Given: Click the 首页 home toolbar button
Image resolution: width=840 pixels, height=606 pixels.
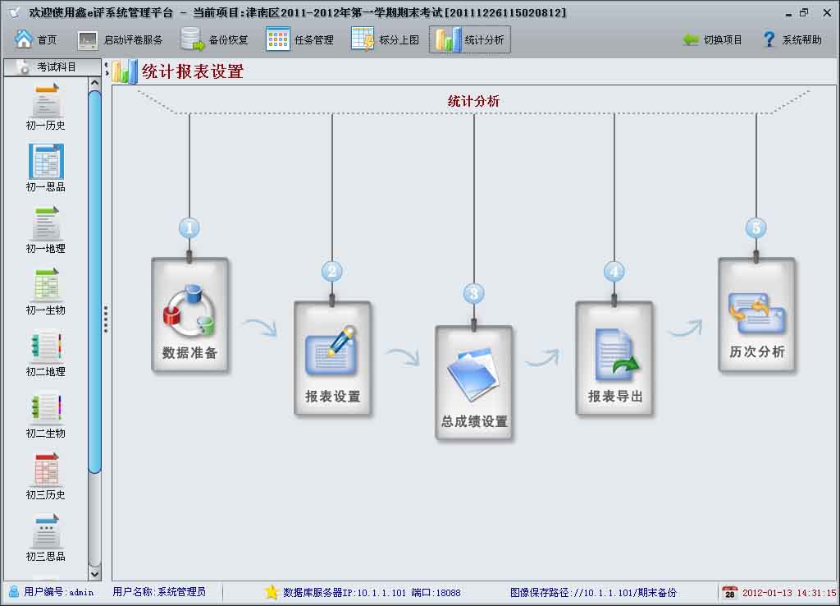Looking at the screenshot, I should (x=36, y=39).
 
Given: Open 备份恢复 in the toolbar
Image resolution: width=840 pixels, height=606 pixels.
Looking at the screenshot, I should (x=214, y=39).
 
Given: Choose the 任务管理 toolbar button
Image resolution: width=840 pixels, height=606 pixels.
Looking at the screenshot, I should (x=300, y=39).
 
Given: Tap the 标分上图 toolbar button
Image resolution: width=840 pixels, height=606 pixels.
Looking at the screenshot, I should (x=386, y=39).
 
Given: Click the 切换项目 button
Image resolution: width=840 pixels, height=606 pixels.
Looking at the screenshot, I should (x=712, y=39).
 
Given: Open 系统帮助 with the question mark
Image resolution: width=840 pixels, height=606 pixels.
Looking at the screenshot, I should (x=792, y=39).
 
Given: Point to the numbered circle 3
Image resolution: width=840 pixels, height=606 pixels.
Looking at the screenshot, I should (x=473, y=293).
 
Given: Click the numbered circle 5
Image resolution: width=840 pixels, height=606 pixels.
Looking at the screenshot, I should (x=756, y=227).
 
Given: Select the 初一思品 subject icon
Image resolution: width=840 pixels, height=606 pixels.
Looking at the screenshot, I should (x=46, y=168).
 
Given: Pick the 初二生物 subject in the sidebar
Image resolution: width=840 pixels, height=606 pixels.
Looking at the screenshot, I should (x=46, y=414).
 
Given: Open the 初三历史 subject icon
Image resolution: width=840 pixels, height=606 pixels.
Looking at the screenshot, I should (x=46, y=475).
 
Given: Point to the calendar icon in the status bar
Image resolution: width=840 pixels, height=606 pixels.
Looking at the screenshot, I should (x=729, y=592).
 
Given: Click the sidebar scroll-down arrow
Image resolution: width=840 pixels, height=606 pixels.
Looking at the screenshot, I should (x=94, y=574).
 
